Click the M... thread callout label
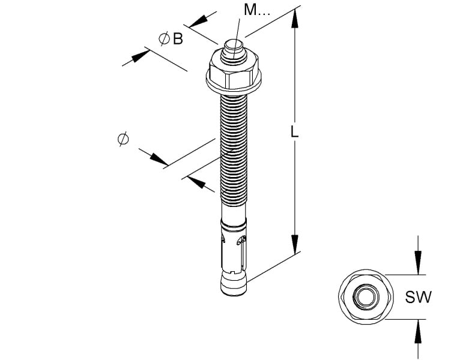pos(256,10)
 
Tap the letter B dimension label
pos(178,39)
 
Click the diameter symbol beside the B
pos(164,39)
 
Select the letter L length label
pos(294,132)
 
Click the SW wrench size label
pos(418,297)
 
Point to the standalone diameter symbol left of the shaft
pos(124,139)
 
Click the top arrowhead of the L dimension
pos(295,19)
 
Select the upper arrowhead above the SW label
pos(418,263)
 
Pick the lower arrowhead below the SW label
pos(418,331)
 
